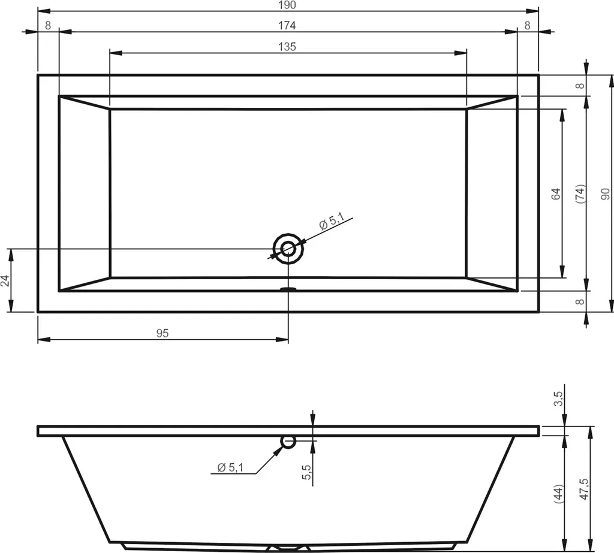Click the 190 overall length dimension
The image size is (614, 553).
tap(287, 5)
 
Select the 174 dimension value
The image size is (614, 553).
tap(287, 26)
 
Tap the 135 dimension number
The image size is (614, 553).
tap(287, 47)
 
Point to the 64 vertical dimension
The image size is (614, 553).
tap(556, 194)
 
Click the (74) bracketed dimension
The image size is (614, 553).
tap(580, 194)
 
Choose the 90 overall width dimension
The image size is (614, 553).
tap(606, 194)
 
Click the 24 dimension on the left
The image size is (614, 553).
tap(5, 280)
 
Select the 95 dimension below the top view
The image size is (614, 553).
tap(162, 333)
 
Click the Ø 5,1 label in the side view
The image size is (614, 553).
tap(230, 467)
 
